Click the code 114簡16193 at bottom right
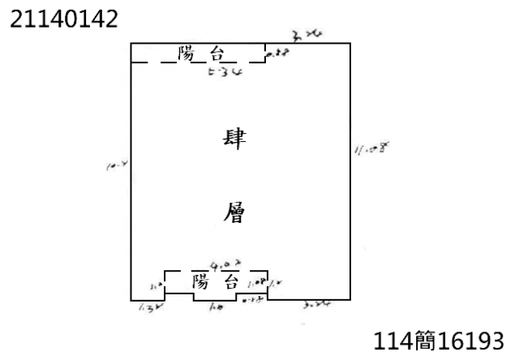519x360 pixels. [443, 340]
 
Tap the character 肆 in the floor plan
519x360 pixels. [234, 138]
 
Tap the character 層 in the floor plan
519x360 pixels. [234, 214]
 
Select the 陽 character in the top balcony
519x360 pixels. [188, 54]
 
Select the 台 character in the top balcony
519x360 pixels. [217, 54]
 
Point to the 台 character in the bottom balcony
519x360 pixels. [230, 282]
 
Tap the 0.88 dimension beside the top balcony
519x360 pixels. [278, 54]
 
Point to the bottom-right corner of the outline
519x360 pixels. [350, 300]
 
